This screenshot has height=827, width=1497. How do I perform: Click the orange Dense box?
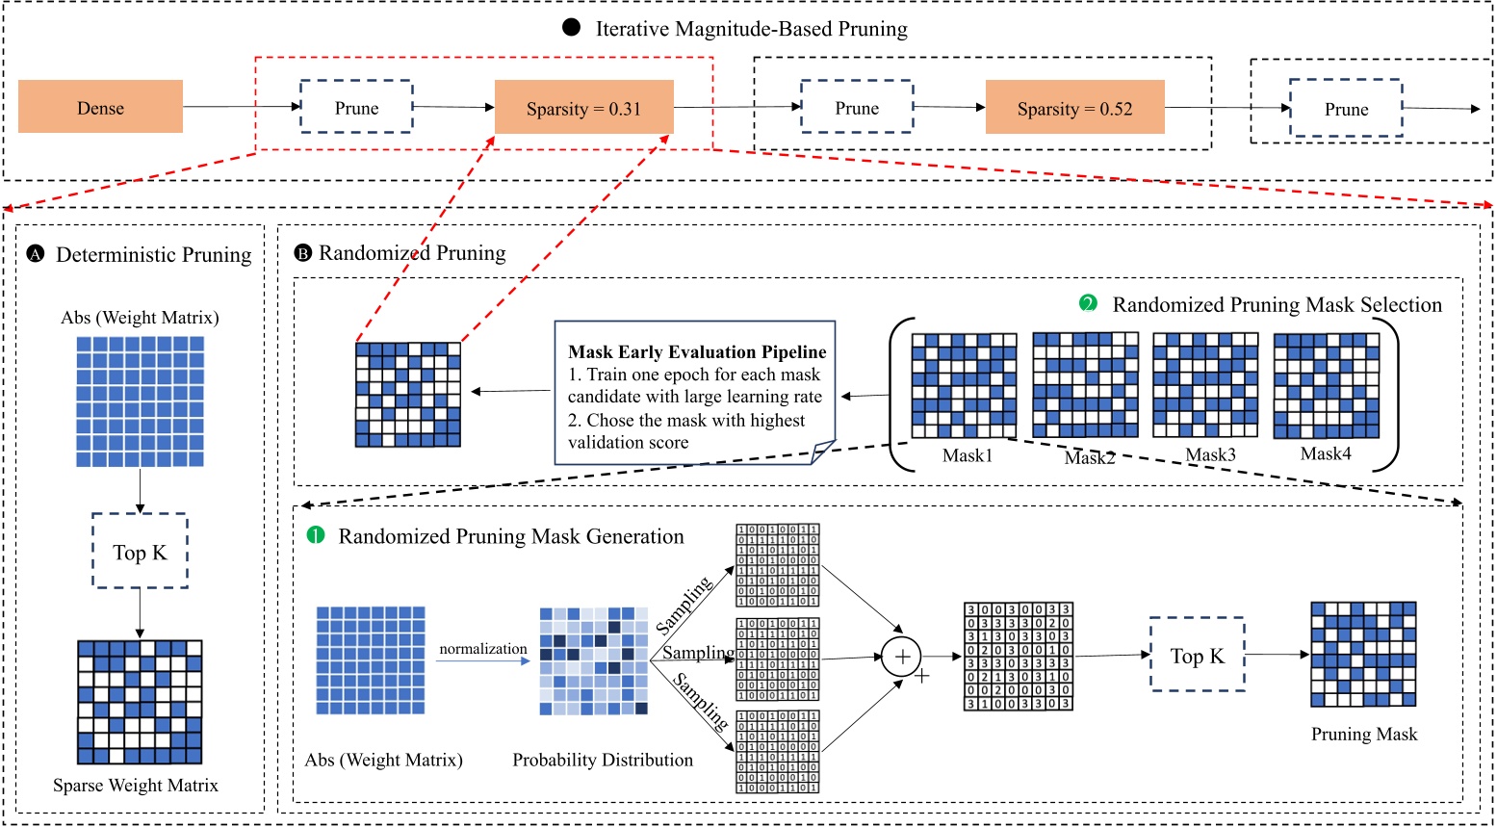point(101,107)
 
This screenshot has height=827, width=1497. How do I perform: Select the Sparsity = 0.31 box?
point(583,108)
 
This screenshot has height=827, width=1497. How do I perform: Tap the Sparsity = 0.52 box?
point(1074,108)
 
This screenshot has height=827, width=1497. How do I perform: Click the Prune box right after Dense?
point(356,108)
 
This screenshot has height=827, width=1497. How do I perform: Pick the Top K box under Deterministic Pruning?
point(140,552)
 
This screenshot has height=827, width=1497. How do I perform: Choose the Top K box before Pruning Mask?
point(1197,656)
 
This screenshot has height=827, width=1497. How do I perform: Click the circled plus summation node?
point(902,657)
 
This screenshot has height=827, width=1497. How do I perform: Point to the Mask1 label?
point(967,455)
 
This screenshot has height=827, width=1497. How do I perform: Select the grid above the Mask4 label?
point(1327,386)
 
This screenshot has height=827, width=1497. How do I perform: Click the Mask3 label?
point(1210,454)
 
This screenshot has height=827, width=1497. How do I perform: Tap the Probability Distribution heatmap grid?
point(593,660)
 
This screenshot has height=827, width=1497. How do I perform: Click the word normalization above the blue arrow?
point(483,649)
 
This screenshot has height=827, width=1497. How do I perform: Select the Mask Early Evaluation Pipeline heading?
point(697,351)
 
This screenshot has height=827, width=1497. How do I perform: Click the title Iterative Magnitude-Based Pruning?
point(751,29)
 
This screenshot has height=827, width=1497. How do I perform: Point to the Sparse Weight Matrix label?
point(136,786)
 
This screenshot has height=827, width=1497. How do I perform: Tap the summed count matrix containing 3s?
point(1018,657)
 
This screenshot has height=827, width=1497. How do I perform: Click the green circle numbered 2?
point(1089,304)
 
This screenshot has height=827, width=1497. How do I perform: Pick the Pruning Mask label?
point(1364,735)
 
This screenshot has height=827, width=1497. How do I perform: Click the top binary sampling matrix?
point(778,565)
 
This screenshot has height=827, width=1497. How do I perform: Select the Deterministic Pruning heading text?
point(154,255)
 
